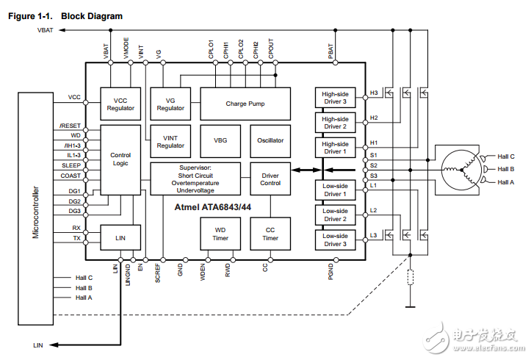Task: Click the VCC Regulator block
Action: point(120,104)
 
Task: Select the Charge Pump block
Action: point(245,104)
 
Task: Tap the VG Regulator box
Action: point(170,104)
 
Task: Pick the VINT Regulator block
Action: point(170,141)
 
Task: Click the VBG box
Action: point(220,140)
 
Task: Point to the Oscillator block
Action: point(270,140)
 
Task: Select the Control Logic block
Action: point(120,159)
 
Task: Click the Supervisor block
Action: point(195,179)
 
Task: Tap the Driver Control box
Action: point(270,179)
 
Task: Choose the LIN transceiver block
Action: point(120,238)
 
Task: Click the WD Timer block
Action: point(220,234)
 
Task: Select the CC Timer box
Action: point(270,234)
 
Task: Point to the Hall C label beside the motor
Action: point(506,156)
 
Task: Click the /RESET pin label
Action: point(71,126)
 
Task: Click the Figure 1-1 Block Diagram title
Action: point(65,15)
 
